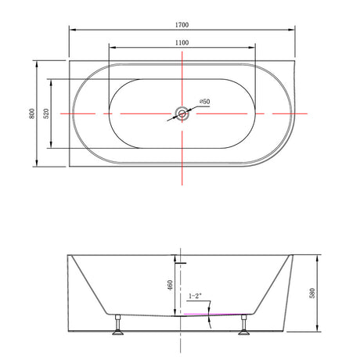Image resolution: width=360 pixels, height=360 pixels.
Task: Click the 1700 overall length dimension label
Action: click(182, 25)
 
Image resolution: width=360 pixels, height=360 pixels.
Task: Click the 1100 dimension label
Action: click(182, 42)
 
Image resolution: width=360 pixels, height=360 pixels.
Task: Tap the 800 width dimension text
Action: click(31, 113)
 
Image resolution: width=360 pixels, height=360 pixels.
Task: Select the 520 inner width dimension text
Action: click(46, 113)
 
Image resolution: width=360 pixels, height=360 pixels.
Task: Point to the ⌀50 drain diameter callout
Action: click(205, 101)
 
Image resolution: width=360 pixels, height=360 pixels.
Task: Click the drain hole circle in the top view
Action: click(182, 113)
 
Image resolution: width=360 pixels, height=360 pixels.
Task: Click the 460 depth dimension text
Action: click(170, 285)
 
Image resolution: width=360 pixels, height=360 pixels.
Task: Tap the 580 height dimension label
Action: click(312, 293)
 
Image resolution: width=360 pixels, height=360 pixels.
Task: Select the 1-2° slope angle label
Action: click(195, 296)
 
